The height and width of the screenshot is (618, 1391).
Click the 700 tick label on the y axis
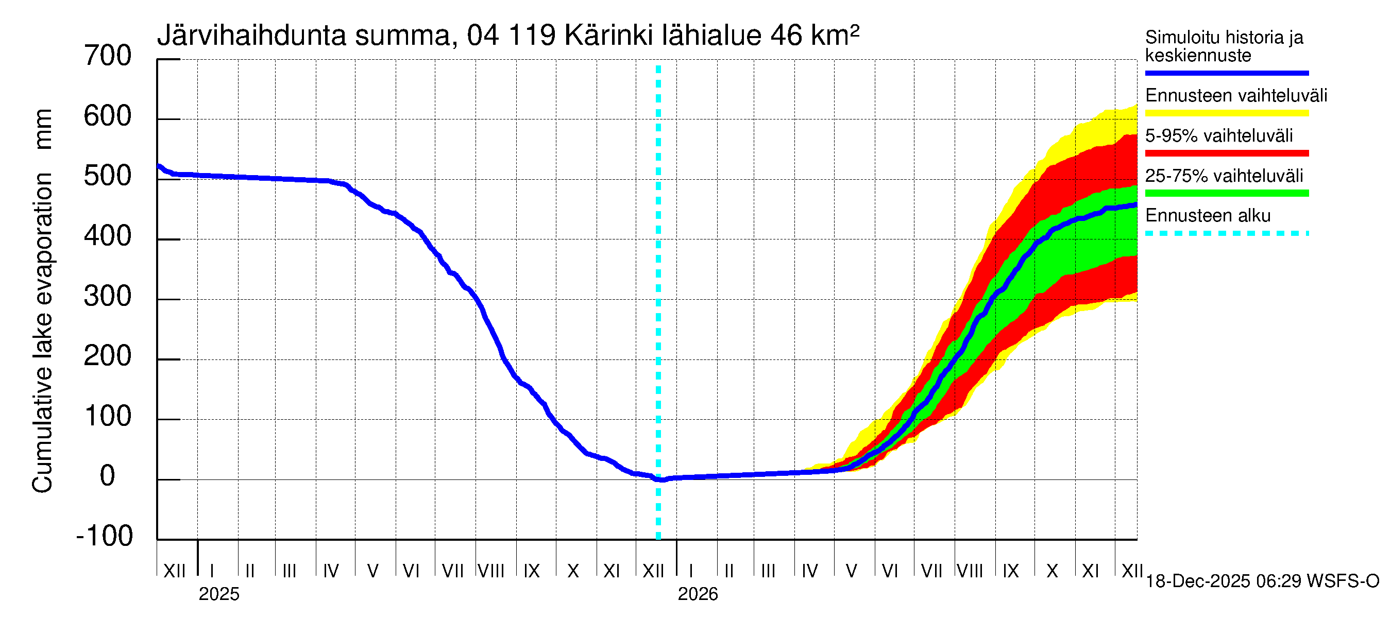point(108,56)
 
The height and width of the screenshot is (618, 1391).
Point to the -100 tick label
point(105,536)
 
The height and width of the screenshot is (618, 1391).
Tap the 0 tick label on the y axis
point(108,476)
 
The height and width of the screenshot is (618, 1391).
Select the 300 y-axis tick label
point(108,296)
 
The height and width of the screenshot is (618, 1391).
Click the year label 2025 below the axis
point(218,594)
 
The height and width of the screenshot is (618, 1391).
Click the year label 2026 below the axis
point(698,594)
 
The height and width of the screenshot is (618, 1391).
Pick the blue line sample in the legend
point(1226,73)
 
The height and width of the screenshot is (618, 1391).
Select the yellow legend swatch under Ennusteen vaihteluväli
point(1226,113)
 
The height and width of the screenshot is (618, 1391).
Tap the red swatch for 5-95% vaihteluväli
point(1226,153)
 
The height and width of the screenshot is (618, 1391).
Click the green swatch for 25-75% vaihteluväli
point(1226,193)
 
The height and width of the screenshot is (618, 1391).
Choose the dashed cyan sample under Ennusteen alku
point(1226,234)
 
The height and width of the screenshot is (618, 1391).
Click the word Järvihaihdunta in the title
point(251,36)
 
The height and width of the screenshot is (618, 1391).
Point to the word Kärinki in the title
point(607,36)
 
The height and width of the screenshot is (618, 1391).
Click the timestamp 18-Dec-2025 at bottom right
point(1198,581)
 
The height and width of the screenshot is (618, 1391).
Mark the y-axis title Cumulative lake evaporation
point(43,333)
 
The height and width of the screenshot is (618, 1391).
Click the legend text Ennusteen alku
point(1208,216)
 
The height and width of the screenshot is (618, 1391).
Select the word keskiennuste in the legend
point(1198,56)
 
